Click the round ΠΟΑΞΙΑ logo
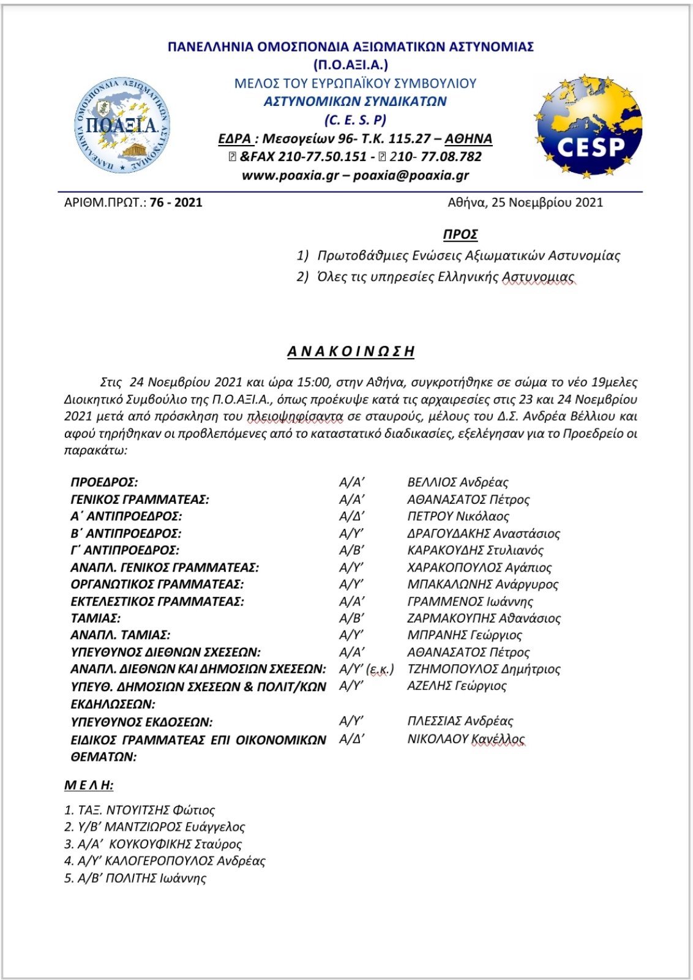click(x=122, y=125)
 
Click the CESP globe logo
click(x=588, y=127)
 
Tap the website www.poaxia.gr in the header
click(x=290, y=176)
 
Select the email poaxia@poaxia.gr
click(x=411, y=176)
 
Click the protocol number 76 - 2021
click(x=176, y=203)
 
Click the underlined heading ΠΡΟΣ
click(x=460, y=234)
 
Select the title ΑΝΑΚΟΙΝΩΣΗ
click(x=351, y=351)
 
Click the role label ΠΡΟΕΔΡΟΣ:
click(x=105, y=482)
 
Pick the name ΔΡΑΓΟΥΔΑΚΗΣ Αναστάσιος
click(x=484, y=533)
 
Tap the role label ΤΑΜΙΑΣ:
click(x=96, y=618)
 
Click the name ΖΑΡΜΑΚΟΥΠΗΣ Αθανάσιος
click(x=484, y=618)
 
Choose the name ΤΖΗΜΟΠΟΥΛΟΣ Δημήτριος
click(x=484, y=669)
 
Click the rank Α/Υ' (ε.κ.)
click(x=366, y=669)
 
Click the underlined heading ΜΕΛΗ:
click(x=89, y=785)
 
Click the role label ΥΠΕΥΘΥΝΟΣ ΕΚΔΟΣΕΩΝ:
click(x=141, y=722)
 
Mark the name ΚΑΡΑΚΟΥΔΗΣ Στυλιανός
click(x=475, y=550)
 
